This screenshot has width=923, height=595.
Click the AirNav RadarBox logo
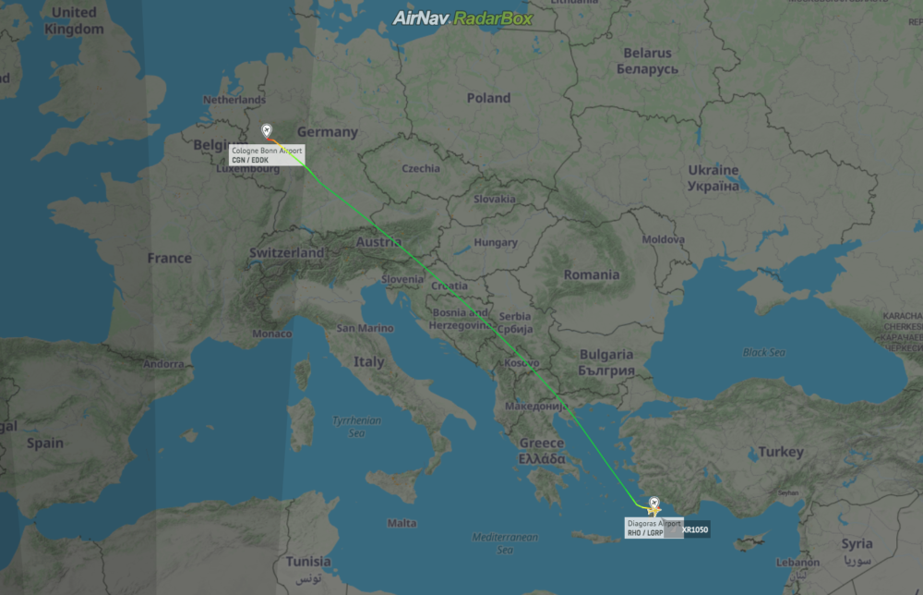[461, 18]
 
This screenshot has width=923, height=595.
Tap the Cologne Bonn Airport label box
[266, 155]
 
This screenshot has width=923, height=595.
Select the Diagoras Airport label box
[653, 528]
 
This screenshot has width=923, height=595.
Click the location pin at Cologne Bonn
[267, 131]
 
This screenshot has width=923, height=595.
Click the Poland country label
[488, 98]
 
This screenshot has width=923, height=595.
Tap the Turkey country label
[781, 452]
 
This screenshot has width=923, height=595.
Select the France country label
[169, 259]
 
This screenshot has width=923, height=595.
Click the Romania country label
[592, 274]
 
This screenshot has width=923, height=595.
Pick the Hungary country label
[495, 243]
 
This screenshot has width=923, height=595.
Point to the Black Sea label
[764, 352]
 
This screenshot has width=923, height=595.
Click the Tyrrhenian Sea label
[358, 426]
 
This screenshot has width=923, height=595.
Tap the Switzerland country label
[286, 253]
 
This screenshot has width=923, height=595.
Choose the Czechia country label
[421, 168]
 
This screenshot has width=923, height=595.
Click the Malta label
[401, 523]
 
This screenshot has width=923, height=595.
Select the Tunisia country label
[308, 562]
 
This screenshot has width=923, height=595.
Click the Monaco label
[271, 334]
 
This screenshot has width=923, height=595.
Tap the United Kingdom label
[75, 20]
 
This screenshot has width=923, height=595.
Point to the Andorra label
[162, 364]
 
